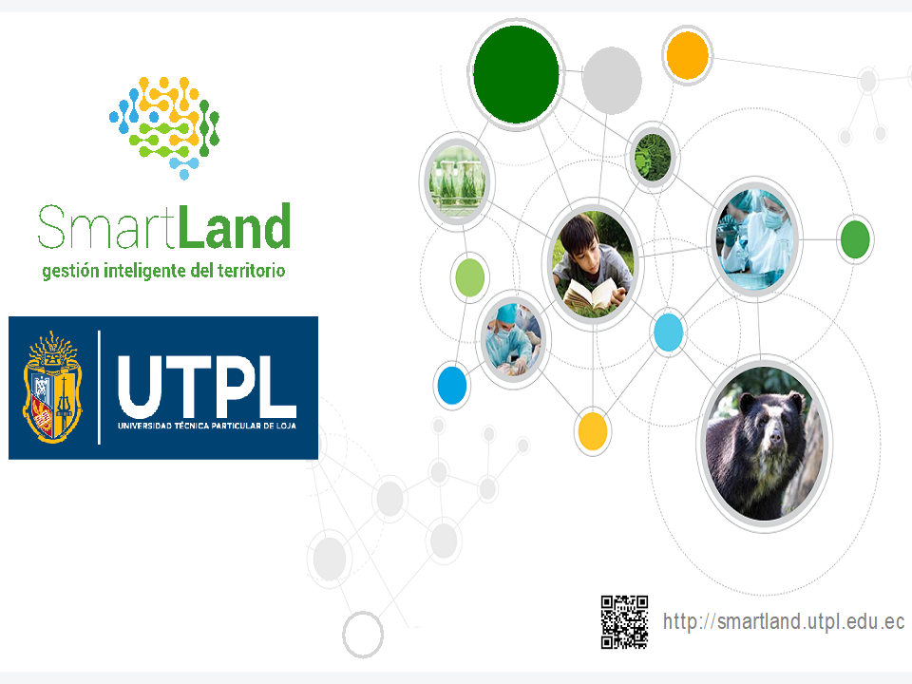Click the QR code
tap(624, 621)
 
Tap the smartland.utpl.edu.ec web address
tap(784, 621)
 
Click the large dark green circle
tap(516, 74)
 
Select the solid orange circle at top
tap(687, 55)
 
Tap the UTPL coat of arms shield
tap(52, 388)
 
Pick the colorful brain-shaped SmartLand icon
tap(164, 127)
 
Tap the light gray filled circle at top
tap(611, 80)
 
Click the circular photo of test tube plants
tap(457, 180)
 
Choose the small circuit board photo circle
tap(653, 157)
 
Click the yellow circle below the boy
tap(592, 431)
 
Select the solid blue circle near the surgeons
tap(452, 385)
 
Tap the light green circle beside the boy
tap(469, 277)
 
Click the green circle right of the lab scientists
tap(855, 239)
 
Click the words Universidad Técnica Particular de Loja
tap(206, 426)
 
